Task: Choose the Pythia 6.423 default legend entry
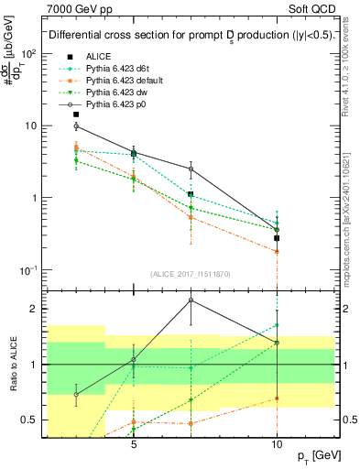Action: click(125, 81)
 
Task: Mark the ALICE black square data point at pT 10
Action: click(277, 238)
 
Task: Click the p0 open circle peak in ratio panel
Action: click(191, 300)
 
